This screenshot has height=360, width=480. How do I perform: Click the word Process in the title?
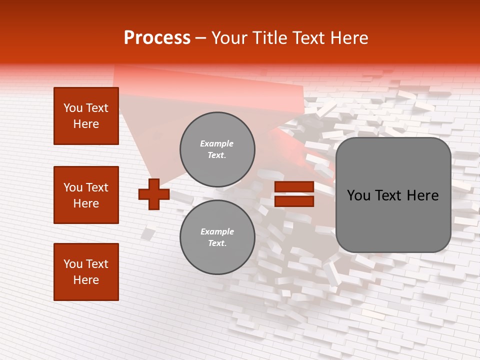[x=157, y=38]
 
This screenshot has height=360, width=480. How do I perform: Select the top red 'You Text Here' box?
[x=86, y=116]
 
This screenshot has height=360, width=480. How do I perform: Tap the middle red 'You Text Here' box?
[x=86, y=195]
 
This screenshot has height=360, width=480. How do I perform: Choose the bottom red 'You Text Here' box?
[x=86, y=272]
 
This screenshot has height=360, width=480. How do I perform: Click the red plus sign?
[x=154, y=194]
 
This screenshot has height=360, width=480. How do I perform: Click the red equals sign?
[x=294, y=194]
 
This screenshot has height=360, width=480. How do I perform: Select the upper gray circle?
[x=217, y=149]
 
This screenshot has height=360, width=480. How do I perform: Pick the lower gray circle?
[x=217, y=237]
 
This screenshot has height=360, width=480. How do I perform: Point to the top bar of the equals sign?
[x=294, y=187]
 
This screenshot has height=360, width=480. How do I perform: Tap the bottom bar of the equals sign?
[x=294, y=201]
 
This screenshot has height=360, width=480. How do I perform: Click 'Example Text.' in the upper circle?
[x=217, y=149]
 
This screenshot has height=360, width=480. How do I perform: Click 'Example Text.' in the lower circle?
[x=217, y=237]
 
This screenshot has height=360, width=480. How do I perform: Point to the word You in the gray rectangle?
[x=359, y=195]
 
